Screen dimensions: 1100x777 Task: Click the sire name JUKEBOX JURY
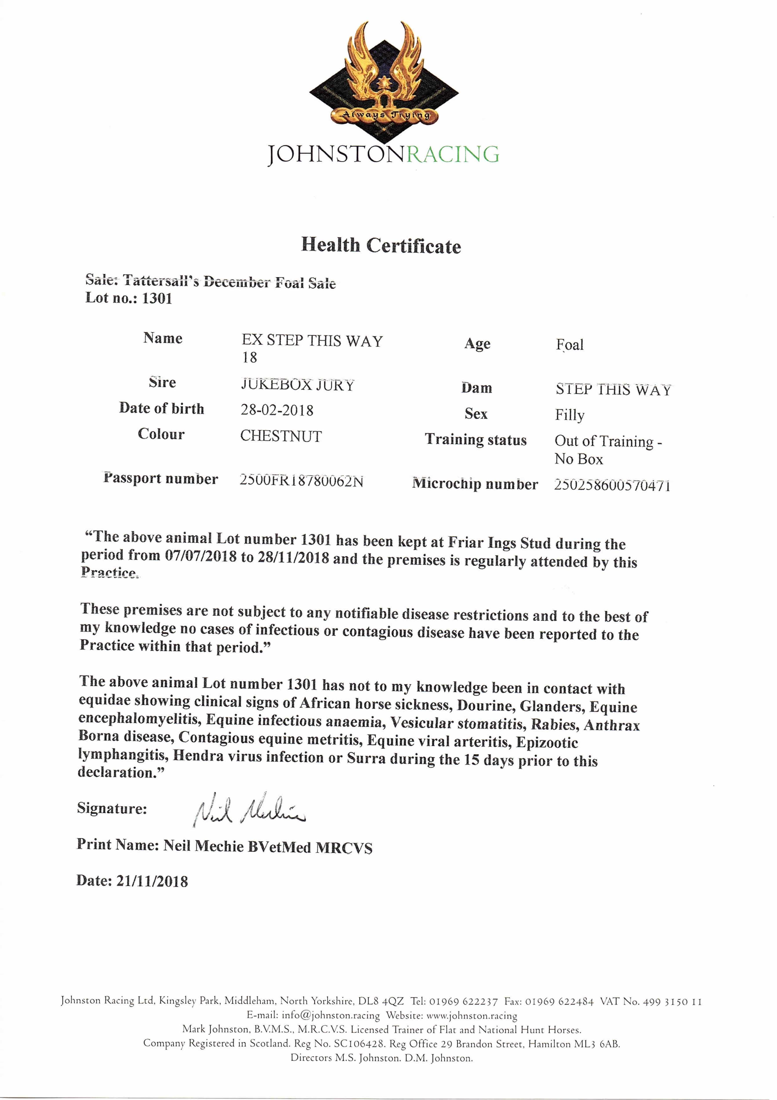pos(297,385)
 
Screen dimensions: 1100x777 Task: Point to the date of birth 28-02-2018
pos(277,410)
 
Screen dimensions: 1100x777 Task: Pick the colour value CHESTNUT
pos(281,436)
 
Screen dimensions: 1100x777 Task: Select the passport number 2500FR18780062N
pos(301,480)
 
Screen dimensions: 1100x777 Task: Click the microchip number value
pos(612,485)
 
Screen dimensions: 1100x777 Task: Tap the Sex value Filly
pos(569,415)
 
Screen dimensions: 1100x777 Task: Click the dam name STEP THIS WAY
pos(613,389)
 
